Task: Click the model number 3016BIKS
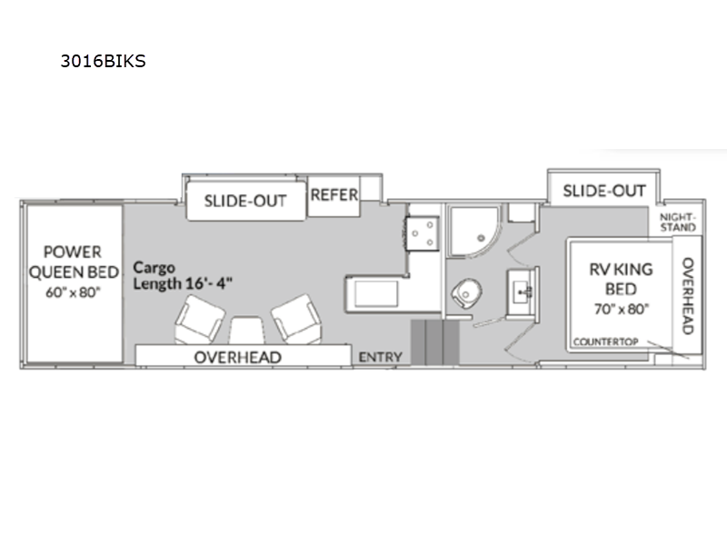click(103, 61)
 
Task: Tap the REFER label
click(334, 195)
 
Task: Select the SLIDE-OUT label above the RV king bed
click(603, 191)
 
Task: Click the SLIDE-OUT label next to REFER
click(245, 201)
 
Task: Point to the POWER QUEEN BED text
click(74, 262)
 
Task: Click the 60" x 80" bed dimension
click(74, 292)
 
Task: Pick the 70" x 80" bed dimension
click(622, 309)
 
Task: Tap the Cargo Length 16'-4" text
click(183, 276)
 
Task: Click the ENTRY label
click(380, 357)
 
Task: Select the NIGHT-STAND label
click(678, 223)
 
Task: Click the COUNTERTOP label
click(605, 342)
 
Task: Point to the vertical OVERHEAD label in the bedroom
click(688, 296)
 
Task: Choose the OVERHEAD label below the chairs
click(237, 357)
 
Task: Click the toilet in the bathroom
click(466, 292)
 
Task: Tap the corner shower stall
click(475, 231)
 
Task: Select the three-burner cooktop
click(423, 233)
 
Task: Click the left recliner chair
click(200, 320)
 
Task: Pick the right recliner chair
click(297, 319)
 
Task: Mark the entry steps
click(435, 342)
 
